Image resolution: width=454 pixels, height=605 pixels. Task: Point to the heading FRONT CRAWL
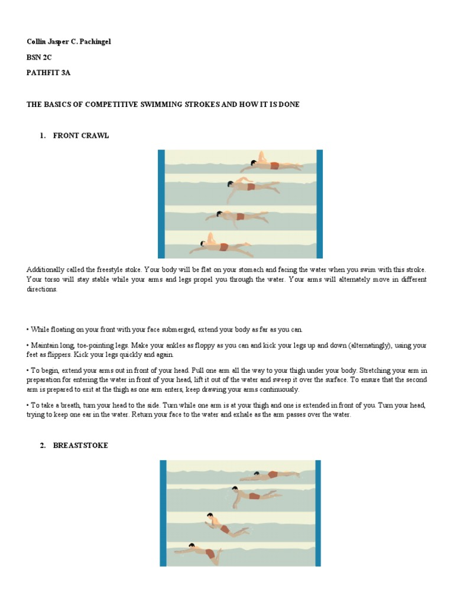coord(81,135)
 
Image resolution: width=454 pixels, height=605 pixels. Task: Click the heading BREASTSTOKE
coord(80,445)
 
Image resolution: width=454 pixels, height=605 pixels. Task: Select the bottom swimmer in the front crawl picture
coord(222,245)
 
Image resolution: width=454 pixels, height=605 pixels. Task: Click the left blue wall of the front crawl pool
coord(161,203)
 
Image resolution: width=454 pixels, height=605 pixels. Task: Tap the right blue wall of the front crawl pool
coord(320,203)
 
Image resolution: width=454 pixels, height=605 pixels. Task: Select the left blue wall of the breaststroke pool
coord(163,513)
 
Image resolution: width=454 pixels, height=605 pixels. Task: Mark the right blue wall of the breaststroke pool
coord(318,513)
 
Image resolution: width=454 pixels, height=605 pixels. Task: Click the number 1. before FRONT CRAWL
coord(43,135)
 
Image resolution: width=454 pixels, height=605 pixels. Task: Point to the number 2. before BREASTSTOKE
coord(43,445)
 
